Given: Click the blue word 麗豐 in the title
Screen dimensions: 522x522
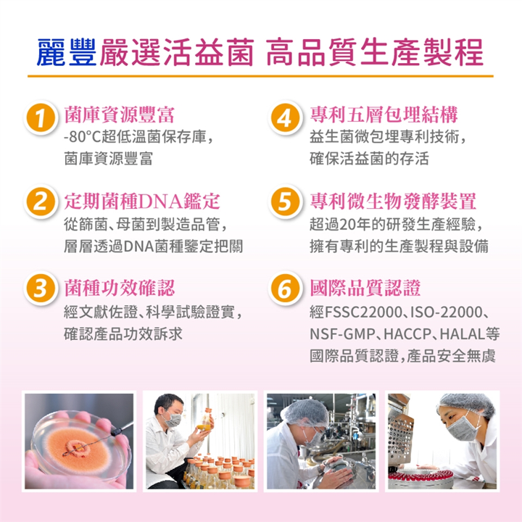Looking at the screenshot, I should point(68,52).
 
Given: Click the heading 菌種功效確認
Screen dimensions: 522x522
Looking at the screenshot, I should point(119,287).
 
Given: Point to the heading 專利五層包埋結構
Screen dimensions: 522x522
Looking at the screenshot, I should point(384,114).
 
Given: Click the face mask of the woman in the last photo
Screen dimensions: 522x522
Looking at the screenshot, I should point(460,428).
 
